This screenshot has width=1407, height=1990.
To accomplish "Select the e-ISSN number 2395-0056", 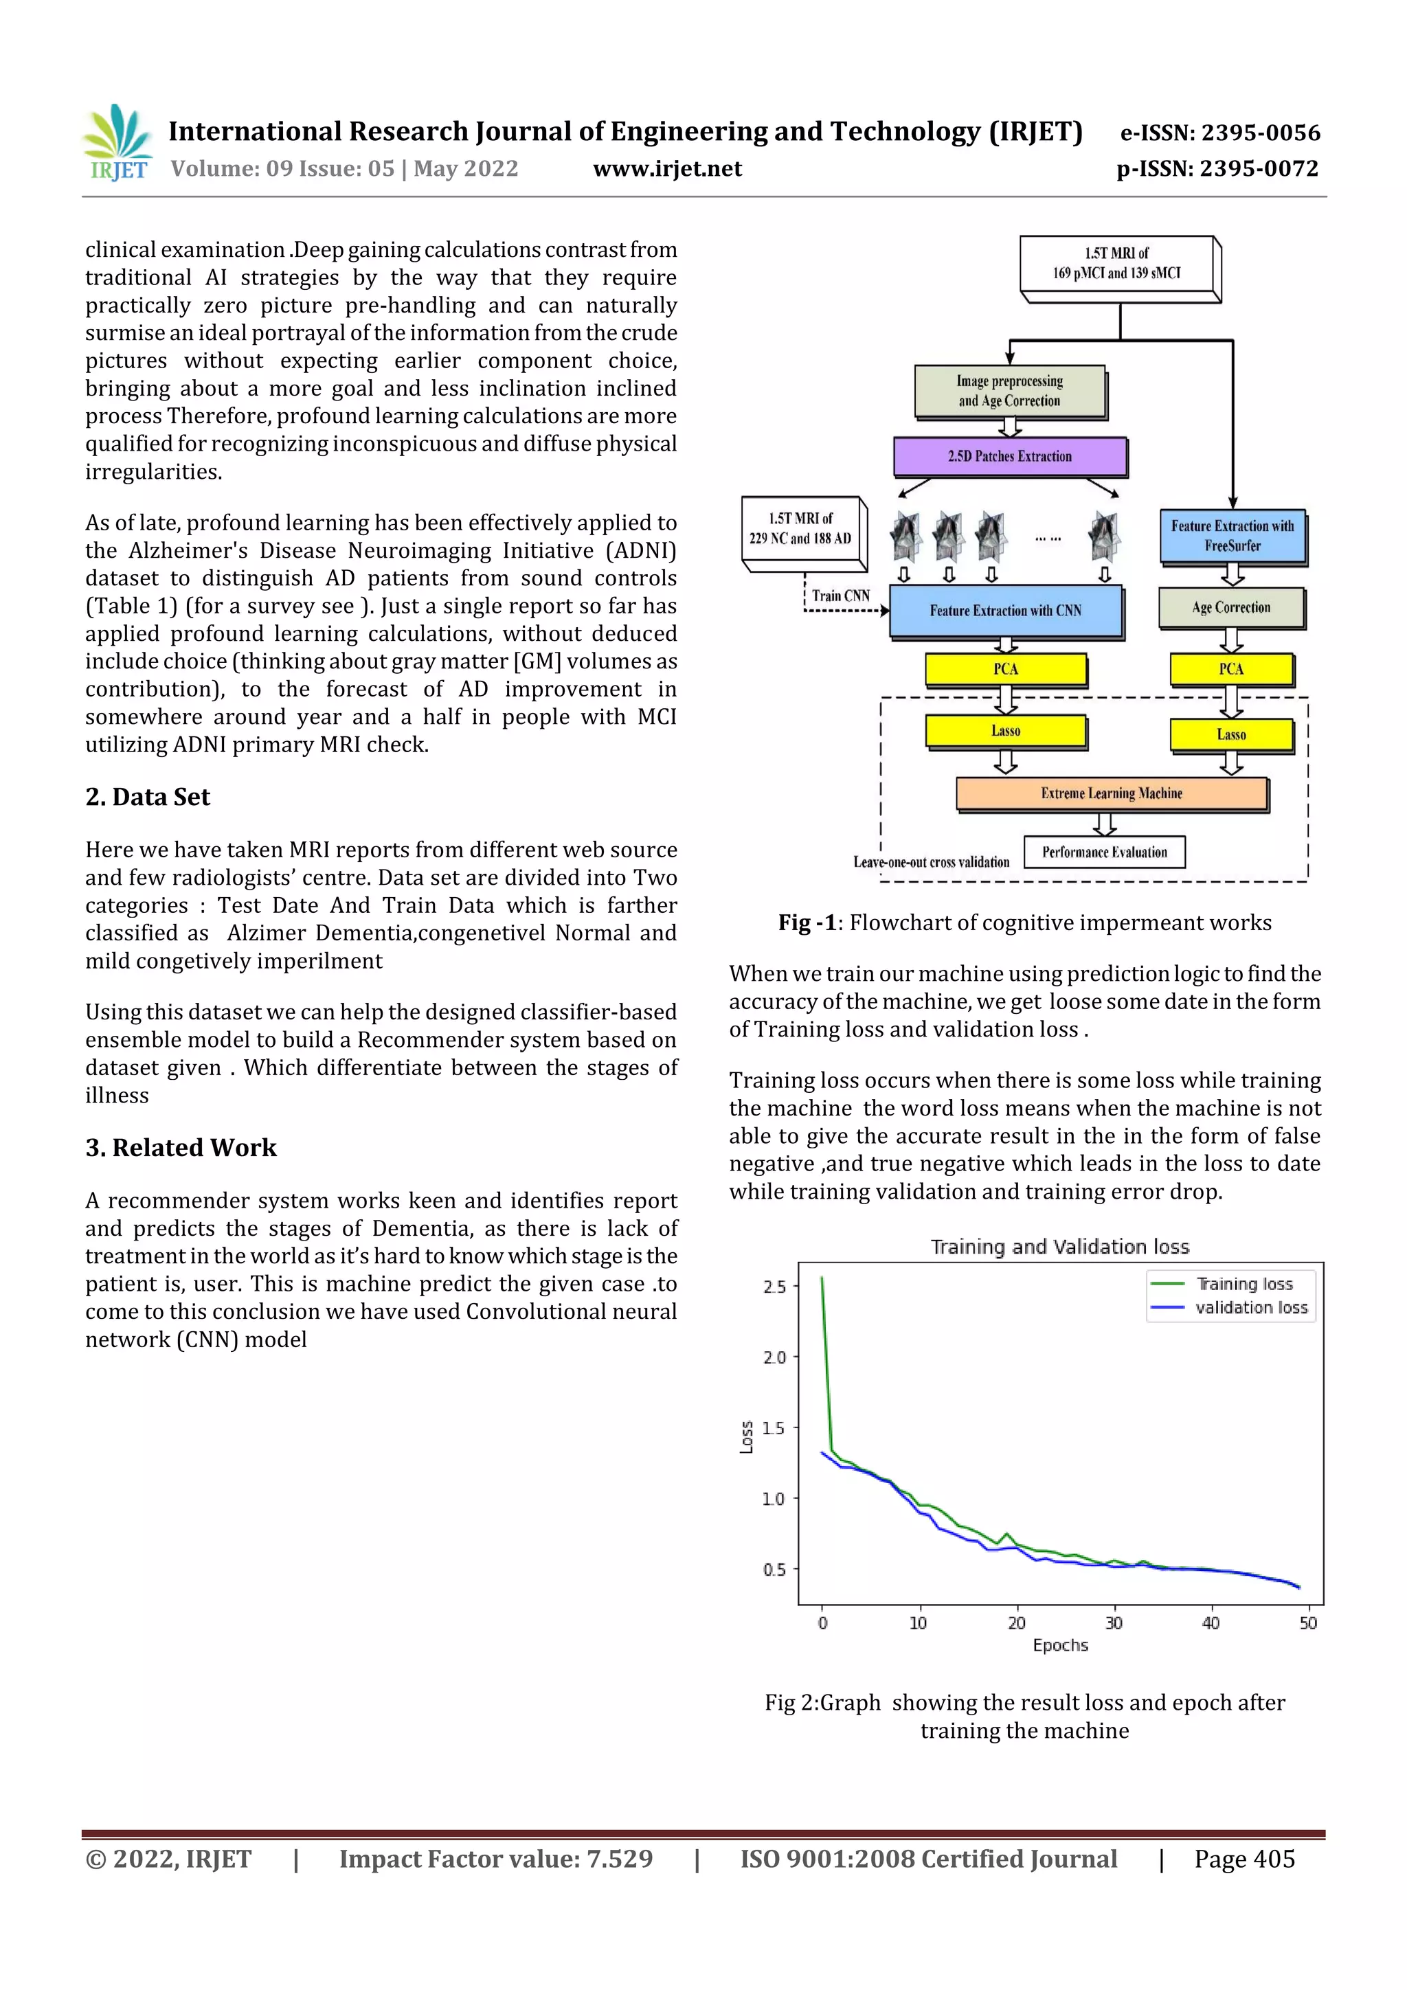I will pos(1219,133).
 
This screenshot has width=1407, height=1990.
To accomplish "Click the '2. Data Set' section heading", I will pos(148,798).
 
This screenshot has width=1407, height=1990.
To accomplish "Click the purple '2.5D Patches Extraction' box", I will pos(1010,457).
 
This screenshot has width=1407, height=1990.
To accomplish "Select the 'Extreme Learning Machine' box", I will pos(1112,793).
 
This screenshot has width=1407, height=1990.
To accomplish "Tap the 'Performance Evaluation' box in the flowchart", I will pos(1105,852).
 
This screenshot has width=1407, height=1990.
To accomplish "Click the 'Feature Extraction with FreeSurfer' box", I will pos(1232,536).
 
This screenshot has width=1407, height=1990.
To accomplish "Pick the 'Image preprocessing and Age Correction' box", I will pos(1010,391).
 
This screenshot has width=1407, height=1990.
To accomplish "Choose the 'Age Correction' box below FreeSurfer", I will pos(1231,607).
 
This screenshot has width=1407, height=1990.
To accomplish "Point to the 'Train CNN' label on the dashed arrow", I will pos(840,596).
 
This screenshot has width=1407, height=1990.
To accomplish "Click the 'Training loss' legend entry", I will pos(1244,1284).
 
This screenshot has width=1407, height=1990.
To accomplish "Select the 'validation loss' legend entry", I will pos(1251,1308).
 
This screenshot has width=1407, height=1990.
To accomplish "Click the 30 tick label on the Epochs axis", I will pos(1113,1623).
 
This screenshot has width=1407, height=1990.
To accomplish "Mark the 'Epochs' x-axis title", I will pos(1060,1645).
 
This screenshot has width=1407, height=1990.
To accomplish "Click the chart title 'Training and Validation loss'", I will pos(1059,1247).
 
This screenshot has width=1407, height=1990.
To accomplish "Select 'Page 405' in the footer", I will pos(1244,1859).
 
